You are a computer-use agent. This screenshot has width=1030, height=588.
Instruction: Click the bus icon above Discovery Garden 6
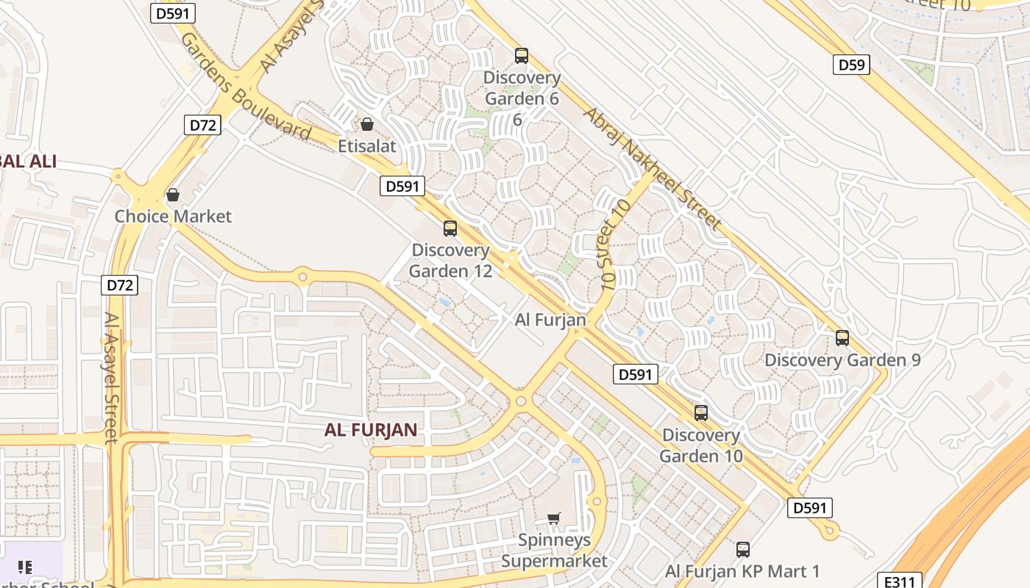click(x=522, y=55)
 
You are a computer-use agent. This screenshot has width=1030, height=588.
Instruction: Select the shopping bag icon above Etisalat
click(x=366, y=124)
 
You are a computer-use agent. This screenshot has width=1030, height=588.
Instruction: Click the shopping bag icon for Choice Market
click(x=173, y=195)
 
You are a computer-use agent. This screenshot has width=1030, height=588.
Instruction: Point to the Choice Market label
click(x=173, y=216)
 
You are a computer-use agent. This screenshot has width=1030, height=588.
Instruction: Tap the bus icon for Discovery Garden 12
click(x=450, y=229)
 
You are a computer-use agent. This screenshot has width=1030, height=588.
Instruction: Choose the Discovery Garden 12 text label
click(x=450, y=260)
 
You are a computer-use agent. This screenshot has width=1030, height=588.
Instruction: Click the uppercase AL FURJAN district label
click(x=371, y=430)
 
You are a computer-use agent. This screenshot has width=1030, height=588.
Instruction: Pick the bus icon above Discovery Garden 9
click(x=842, y=338)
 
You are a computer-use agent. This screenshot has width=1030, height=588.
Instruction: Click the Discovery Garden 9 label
click(x=842, y=360)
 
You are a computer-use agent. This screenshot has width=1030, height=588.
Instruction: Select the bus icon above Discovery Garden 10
click(x=701, y=413)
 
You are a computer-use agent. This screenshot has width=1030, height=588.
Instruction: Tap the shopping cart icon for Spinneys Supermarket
click(x=554, y=518)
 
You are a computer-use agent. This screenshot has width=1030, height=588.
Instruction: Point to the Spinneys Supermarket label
click(x=554, y=551)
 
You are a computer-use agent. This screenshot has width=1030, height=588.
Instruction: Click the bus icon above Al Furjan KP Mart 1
click(x=743, y=549)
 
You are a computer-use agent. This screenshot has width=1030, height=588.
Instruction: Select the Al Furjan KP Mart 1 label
click(x=743, y=571)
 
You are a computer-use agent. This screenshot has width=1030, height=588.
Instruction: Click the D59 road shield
click(x=852, y=65)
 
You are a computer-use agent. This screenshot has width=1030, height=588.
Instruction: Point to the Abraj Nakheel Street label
click(x=650, y=168)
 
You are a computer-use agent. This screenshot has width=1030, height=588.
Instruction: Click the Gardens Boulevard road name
click(x=245, y=86)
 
